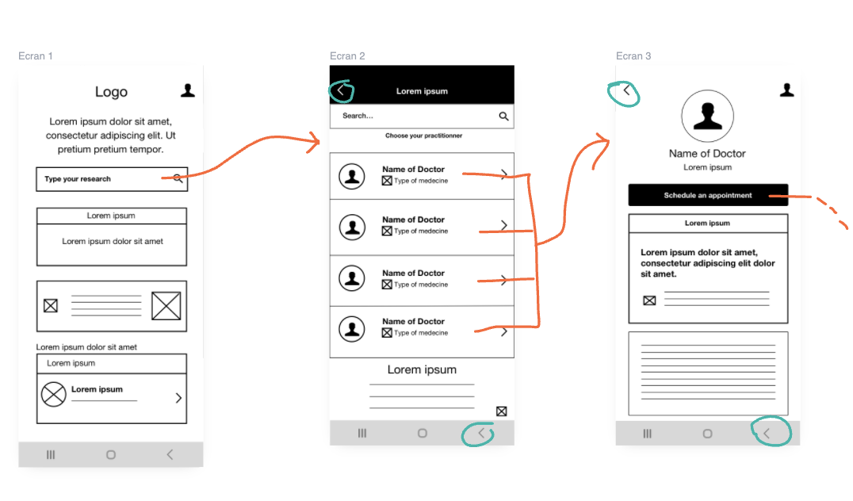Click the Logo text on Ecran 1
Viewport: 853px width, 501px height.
pos(111,92)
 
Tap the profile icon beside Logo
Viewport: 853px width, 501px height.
pos(188,90)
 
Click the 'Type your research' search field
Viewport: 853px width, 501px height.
pos(112,179)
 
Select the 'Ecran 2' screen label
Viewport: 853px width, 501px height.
pos(347,56)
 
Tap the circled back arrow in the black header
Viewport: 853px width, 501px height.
pos(341,90)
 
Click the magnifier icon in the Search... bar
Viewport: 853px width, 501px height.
pos(503,116)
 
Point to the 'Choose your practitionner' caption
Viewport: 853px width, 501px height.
pos(424,136)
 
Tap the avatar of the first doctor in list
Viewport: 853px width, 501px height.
pos(352,176)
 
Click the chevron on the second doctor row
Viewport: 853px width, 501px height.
pos(503,225)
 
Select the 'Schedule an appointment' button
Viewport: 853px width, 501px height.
pos(708,195)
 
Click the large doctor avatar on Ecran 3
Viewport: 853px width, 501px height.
pos(707,117)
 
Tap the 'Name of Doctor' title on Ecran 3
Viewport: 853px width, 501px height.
pos(707,154)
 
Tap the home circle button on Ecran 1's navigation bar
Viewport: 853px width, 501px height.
pos(111,455)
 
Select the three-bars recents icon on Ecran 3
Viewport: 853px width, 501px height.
pos(648,434)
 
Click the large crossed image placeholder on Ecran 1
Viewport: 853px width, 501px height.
pos(166,306)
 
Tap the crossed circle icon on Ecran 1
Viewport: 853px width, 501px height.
pos(53,394)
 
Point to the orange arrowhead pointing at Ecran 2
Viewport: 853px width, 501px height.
pos(314,142)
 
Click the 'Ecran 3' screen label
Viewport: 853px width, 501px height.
pos(633,56)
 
